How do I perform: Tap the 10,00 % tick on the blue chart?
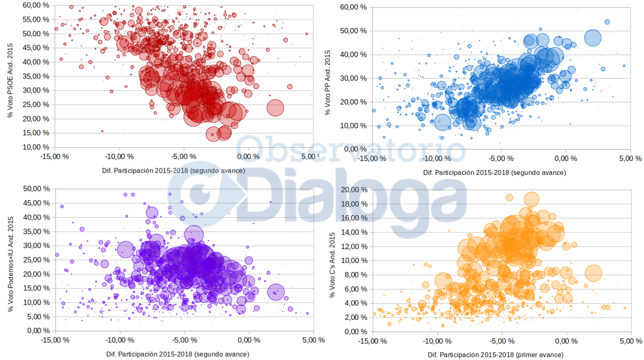354,125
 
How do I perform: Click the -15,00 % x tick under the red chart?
55,157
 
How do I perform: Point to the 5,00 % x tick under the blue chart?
630,158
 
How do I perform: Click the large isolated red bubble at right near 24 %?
276,108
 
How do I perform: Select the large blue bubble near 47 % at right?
593,38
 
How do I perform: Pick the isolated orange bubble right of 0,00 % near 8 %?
593,273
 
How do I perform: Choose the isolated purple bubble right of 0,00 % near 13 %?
276,291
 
